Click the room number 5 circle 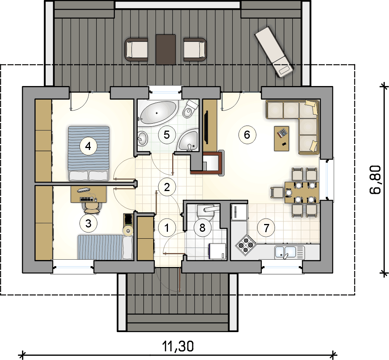167,135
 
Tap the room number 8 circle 202,227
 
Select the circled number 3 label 88,223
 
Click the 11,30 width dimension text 178,346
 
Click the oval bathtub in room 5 157,113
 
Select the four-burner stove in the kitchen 246,245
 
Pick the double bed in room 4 88,153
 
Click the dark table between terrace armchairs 166,49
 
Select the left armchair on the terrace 136,49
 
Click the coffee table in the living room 282,138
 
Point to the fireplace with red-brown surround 208,163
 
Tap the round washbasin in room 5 142,138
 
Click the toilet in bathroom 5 190,109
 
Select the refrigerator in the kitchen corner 239,212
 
